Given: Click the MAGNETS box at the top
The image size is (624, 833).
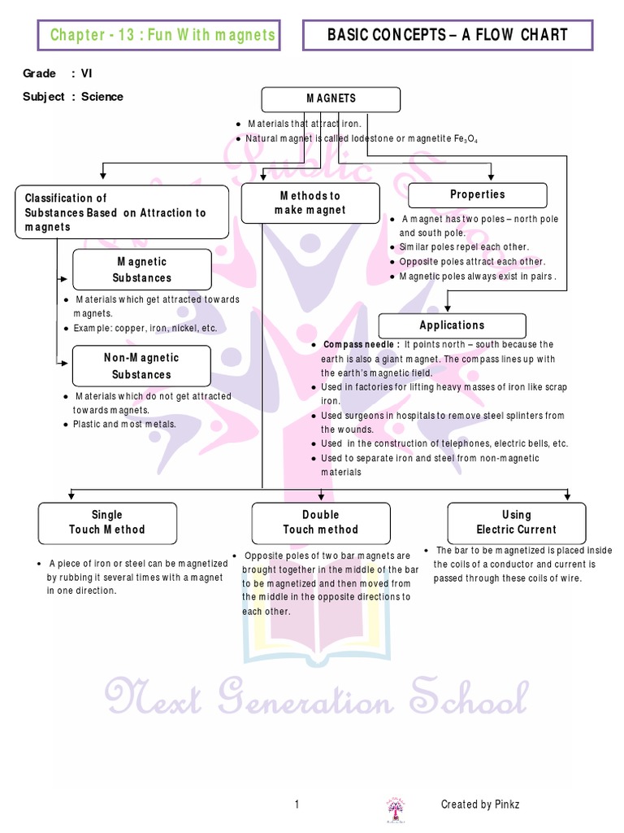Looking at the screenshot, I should coord(331,99).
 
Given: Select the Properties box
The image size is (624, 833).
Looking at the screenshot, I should coord(477,195).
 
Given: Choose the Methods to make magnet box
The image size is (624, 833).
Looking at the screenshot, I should coord(310,203).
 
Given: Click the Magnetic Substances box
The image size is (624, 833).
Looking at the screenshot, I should coord(141,269).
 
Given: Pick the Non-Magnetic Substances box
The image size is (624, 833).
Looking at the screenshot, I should coord(141,366).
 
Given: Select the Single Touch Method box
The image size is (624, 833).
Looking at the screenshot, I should coord(107,522).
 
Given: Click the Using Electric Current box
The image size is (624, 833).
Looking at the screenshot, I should coord(516,522).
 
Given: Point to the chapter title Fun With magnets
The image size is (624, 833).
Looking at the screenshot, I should coord(162,35).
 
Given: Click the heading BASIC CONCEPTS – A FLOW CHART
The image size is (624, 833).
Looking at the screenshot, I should coord(447,35).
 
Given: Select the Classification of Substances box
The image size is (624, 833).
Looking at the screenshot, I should coord(122,212).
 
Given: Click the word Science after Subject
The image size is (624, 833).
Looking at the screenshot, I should coord(102,97).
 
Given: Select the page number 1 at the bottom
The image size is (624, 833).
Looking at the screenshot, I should coord(297,805).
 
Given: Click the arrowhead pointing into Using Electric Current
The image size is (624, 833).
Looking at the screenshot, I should coord(568,496).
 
